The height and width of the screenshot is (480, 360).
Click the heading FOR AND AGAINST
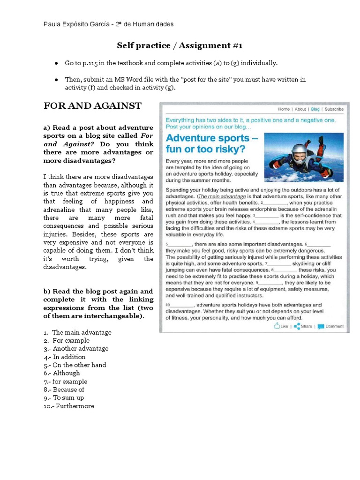(x=92, y=106)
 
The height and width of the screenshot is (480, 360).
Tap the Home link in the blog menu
(x=284, y=109)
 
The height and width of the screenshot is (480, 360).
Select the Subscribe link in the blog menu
(x=334, y=109)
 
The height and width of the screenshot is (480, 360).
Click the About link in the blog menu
(x=300, y=109)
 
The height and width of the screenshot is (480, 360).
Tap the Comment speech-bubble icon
(x=321, y=326)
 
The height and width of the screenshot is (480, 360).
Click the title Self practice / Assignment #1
(x=180, y=45)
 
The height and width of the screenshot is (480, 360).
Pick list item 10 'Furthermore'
(x=68, y=406)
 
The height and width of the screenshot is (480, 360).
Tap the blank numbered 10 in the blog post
(x=180, y=305)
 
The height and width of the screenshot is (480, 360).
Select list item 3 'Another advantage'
(x=75, y=348)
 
